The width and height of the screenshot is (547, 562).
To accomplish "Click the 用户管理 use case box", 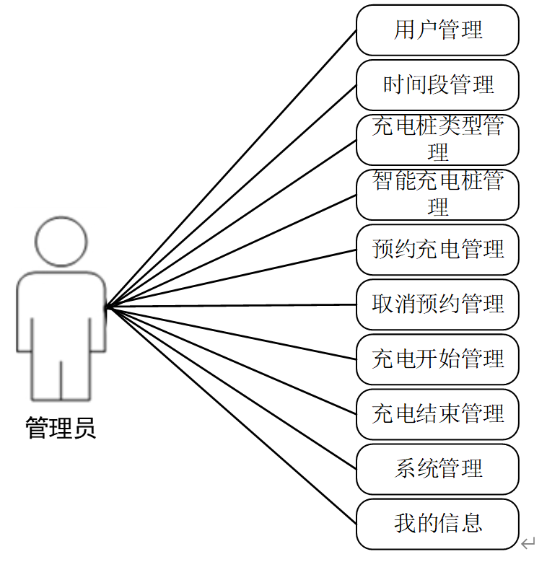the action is pos(437,30).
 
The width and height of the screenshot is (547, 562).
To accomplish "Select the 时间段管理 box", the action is pos(437,85).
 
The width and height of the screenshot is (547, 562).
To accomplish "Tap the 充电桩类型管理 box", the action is pos(437,140).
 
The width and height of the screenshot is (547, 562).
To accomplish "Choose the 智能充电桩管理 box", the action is pos(437,195).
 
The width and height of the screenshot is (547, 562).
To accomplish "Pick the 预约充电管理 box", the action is pos(437,250).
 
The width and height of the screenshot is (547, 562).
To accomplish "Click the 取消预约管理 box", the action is pos(437,304).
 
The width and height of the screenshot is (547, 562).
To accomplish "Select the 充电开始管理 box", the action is pos(437,359).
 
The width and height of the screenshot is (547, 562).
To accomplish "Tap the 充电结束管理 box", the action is pos(437,414).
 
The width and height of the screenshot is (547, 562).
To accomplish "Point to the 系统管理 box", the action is pos(437,469).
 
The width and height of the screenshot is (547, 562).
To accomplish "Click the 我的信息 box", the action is pos(437,524).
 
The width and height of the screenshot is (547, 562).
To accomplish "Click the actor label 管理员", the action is pos(61,429).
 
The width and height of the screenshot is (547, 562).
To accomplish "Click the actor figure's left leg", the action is pos(45,375).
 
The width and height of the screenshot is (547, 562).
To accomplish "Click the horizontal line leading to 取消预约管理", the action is pos(231,306).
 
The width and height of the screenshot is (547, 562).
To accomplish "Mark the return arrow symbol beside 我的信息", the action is pos(529,543).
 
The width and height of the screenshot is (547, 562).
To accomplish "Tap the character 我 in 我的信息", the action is pos(404,524).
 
